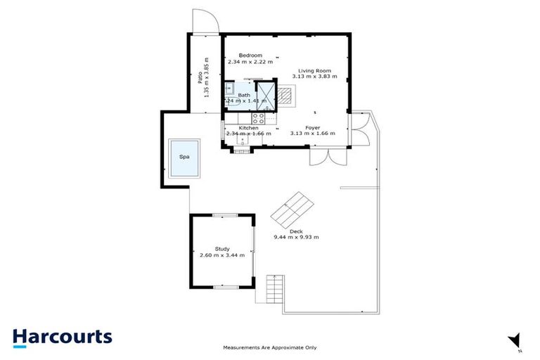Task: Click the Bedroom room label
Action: tap(250, 56)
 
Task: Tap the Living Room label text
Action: tap(314, 71)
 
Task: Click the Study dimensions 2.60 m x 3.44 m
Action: tap(222, 255)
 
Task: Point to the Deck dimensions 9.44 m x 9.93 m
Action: tap(296, 237)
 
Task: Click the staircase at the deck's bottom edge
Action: tap(274, 288)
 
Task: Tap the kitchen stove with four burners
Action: tap(258, 118)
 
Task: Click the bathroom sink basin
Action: tap(230, 89)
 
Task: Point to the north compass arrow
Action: tap(515, 340)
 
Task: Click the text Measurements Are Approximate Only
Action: tap(270, 347)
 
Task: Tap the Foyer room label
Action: tap(313, 127)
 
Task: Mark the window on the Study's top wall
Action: tap(224, 214)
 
